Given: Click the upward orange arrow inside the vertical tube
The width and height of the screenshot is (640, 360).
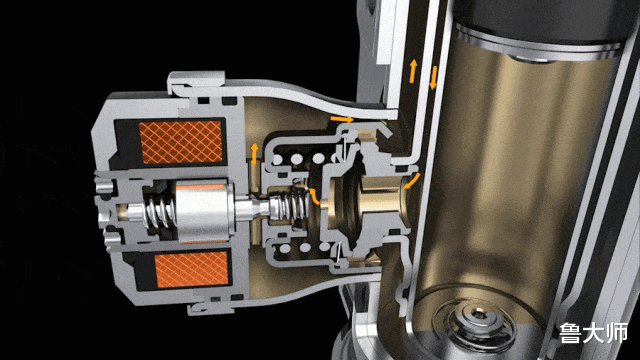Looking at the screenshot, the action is (413, 71).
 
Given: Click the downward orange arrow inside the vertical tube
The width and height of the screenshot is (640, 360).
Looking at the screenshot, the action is (433, 77).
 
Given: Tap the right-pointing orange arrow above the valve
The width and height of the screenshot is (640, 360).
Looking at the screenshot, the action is (342, 119).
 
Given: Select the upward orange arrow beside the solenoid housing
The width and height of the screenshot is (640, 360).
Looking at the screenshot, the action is (254, 154).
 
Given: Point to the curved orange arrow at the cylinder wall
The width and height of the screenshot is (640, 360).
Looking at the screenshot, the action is (412, 181).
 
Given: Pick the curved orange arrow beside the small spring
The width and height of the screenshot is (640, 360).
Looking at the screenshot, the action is (314, 196).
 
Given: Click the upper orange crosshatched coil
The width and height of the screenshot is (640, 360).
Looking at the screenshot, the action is (180, 142).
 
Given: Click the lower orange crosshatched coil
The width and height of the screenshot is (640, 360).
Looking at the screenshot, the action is (191, 269).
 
